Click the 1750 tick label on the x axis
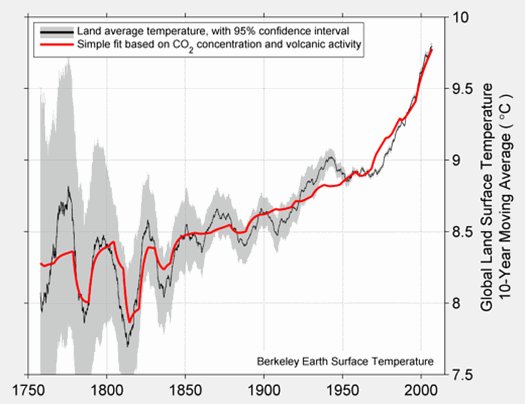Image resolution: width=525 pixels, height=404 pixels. (27, 391)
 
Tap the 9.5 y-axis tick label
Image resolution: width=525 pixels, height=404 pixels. (462, 89)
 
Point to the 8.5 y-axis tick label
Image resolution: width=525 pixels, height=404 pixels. (462, 232)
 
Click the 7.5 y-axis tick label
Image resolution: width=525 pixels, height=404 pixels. (462, 375)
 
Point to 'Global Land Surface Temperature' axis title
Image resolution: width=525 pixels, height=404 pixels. (488, 196)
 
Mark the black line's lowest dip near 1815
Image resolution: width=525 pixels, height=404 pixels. (128, 345)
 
